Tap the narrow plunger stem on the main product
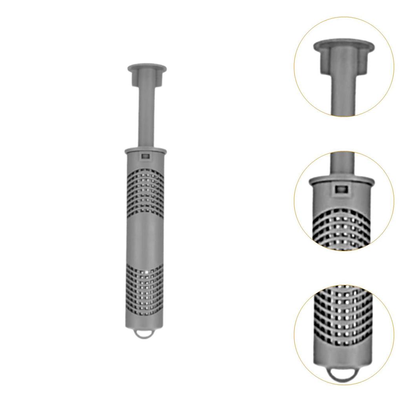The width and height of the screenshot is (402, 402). [x=146, y=118]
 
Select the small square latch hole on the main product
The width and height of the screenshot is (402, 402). [x=145, y=156]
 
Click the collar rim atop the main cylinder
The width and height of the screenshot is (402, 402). [x=145, y=151]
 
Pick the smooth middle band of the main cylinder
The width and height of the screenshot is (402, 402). [x=145, y=239]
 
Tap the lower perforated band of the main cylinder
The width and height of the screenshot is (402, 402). [x=145, y=291]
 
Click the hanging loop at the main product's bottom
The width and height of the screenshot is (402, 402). [x=145, y=334]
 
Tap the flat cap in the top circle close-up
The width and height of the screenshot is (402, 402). [x=344, y=45]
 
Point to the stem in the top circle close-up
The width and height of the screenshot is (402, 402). [x=344, y=94]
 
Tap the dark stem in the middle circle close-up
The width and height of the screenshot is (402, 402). [x=342, y=163]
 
